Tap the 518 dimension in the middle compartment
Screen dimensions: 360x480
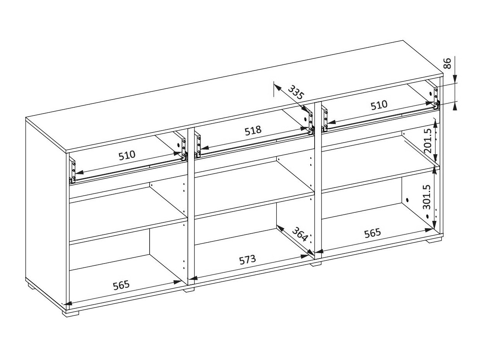[253, 130]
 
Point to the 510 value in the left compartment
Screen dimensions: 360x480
[127, 155]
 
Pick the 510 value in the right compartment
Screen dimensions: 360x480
[378, 105]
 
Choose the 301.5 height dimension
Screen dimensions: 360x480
[427, 196]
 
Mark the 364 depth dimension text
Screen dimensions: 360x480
[300, 234]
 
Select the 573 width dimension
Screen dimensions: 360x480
[247, 259]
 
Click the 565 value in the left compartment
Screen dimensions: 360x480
[121, 286]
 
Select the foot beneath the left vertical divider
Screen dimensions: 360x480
[189, 289]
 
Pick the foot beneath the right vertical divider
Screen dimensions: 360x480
[316, 264]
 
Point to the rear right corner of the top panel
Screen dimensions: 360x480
[403, 40]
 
